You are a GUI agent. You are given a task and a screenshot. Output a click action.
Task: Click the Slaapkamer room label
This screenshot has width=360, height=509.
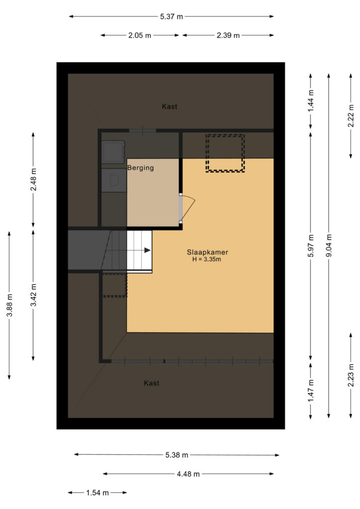point(207,252)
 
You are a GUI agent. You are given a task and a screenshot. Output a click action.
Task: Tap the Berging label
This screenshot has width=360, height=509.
point(141,168)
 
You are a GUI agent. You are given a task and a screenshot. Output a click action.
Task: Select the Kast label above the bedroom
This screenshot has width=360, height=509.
point(170,106)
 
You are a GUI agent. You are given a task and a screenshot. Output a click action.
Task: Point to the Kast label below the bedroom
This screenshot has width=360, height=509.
point(152,383)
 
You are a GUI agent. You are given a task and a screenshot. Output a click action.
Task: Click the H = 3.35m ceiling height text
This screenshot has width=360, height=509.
point(207,259)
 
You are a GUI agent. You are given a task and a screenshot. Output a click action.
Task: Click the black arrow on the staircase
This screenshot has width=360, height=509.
point(147,251)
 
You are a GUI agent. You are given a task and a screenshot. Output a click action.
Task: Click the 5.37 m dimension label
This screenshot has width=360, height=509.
point(172,16)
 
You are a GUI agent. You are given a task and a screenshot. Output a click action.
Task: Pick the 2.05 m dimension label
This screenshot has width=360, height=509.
point(140,35)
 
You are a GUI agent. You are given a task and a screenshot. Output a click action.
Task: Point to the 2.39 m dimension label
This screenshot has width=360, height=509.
point(228,35)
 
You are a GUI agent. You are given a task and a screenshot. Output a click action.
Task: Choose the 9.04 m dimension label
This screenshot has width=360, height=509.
point(329,246)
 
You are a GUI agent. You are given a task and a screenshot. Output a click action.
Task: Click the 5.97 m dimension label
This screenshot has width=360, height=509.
point(311,246)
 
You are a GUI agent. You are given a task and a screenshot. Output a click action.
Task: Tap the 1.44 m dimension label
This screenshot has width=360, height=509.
point(311,100)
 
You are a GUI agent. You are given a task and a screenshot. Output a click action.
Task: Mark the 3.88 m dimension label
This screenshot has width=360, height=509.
point(9,305)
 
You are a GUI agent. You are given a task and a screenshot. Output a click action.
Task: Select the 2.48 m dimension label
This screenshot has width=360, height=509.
point(33,179)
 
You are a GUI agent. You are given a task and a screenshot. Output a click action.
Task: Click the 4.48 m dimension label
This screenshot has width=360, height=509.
point(188,474)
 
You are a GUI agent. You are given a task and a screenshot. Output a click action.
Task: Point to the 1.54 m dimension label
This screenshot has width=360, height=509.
point(97,493)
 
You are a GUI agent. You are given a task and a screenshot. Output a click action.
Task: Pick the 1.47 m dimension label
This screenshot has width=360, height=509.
point(311,390)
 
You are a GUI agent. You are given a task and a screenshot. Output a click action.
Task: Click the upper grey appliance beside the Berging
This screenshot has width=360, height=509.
point(113,152)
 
